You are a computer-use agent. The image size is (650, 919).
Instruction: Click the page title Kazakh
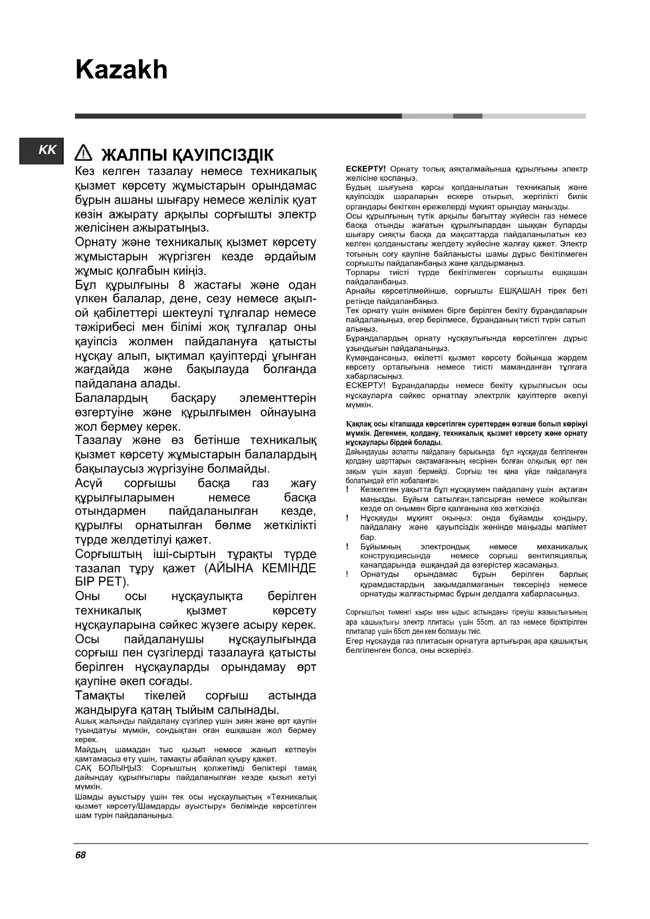coord(121,70)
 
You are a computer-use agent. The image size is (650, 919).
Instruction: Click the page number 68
coord(80,855)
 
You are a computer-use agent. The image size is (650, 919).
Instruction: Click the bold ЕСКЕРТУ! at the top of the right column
coord(366,169)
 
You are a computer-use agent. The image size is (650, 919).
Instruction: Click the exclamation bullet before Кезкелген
coord(348,489)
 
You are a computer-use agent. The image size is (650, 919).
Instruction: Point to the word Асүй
coord(89,483)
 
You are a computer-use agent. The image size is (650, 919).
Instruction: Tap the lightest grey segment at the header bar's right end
coord(534,116)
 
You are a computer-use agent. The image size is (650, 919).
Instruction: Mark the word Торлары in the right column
coord(362,272)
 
